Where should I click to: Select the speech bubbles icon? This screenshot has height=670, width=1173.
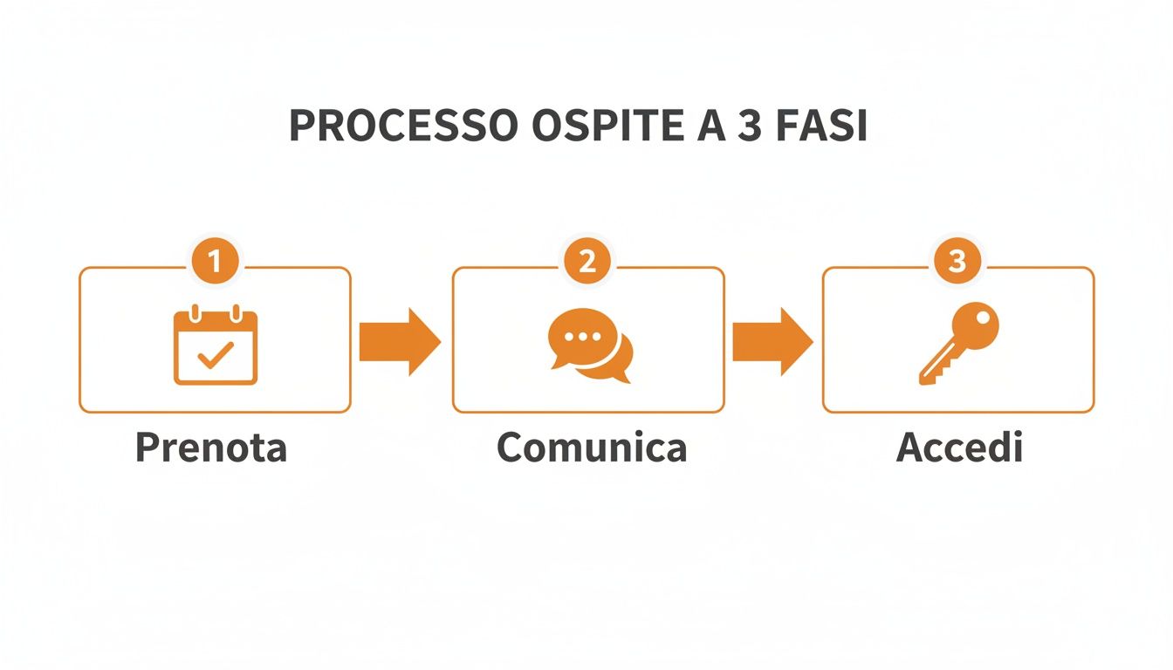pyautogui.click(x=590, y=345)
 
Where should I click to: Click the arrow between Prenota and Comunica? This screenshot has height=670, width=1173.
pyautogui.click(x=400, y=341)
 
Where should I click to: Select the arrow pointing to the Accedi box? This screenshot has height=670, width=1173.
pyautogui.click(x=772, y=341)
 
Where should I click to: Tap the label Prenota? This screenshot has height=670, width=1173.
pyautogui.click(x=211, y=448)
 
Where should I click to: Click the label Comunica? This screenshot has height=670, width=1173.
pyautogui.click(x=592, y=448)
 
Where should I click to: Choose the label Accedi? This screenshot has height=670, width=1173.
pyautogui.click(x=959, y=448)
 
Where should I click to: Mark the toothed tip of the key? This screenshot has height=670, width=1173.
pyautogui.click(x=929, y=374)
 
